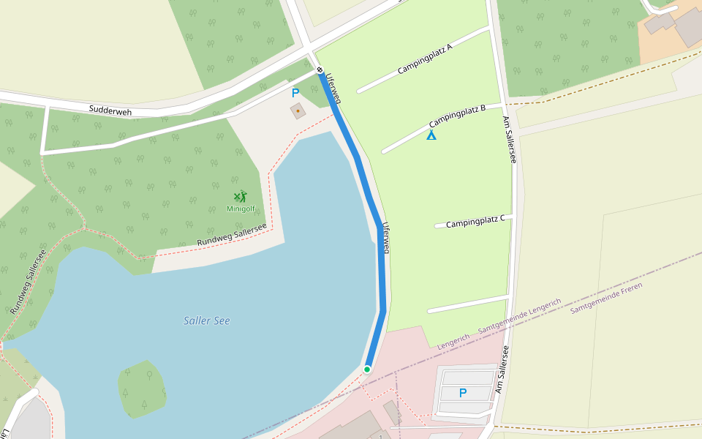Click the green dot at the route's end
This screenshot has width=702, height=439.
click(367, 369)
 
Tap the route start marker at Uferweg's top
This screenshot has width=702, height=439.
click(320, 70)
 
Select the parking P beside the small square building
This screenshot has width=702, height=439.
click(295, 93)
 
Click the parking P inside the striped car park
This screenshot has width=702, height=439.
click(462, 393)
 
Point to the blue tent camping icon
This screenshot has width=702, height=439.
click(431, 135)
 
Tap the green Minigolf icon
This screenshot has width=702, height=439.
click(241, 196)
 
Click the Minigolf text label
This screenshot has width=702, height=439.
click(241, 209)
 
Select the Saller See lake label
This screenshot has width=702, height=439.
click(207, 320)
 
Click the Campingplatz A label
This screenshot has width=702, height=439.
click(426, 59)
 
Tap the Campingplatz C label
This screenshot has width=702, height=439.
click(475, 222)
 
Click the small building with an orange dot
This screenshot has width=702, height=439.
click(298, 111)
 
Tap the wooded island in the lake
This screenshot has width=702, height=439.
click(142, 389)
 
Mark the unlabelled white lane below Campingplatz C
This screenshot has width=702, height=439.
click(468, 304)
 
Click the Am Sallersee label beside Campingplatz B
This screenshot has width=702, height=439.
click(509, 139)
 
